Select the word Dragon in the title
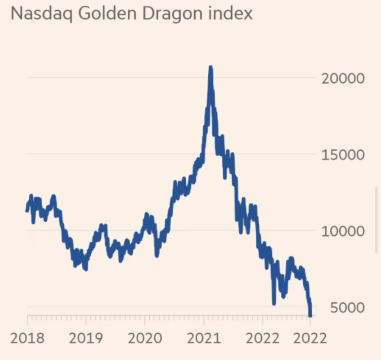166,14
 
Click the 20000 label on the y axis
343,79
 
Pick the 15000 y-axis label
343,155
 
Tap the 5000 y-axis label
347,307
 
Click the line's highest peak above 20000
210,68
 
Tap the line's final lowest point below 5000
310,315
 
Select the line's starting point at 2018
27,210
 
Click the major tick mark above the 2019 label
86,319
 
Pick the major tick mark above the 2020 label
145,319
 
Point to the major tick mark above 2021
203,319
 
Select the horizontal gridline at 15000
114,154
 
